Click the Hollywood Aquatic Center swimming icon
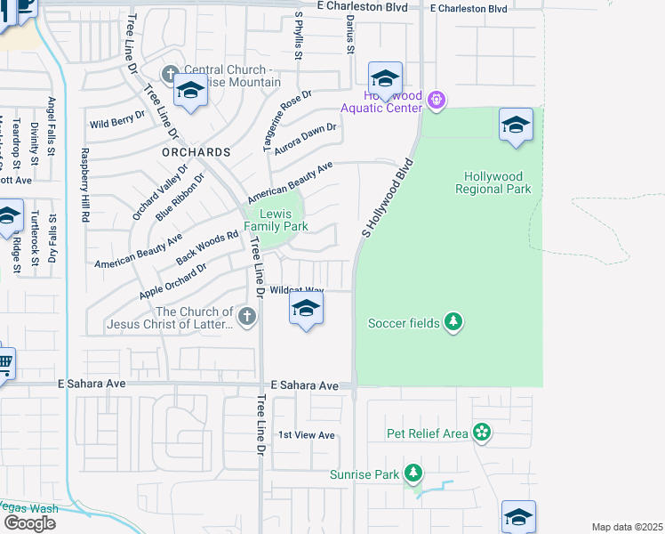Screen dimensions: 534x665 click(436, 99)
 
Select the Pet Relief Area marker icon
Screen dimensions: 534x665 click(482, 433)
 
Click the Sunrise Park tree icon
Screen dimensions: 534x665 click(413, 473)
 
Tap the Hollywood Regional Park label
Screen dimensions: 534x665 click(493, 182)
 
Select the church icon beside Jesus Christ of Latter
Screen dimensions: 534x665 click(248, 315)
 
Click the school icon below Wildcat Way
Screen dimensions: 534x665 click(306, 311)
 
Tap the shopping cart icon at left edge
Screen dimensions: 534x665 click(5, 362)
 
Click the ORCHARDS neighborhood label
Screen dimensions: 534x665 click(196, 152)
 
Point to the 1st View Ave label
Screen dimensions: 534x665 click(307, 435)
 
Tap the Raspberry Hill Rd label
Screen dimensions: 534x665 click(86, 185)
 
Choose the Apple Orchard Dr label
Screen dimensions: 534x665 click(173, 280)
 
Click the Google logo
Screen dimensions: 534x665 click(28, 523)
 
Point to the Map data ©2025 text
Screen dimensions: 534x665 click(627, 527)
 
